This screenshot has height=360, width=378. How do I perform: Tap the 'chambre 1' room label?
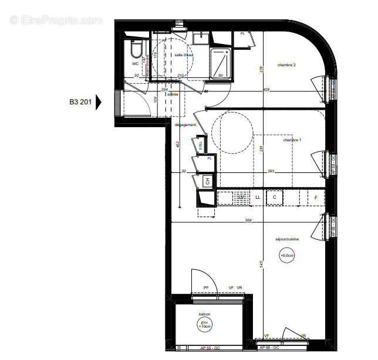[x=292, y=140]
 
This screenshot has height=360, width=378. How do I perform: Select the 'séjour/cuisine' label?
[x=287, y=239]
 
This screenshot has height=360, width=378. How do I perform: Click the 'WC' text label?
[x=135, y=63]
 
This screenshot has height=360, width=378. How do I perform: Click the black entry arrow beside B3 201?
[x=99, y=102]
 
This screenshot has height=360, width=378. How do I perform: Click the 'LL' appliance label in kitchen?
[x=258, y=198]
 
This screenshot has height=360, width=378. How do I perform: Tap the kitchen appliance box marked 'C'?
[x=274, y=198]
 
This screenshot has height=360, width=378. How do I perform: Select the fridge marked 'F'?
[x=316, y=198]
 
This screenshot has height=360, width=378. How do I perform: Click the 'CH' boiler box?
[x=206, y=182]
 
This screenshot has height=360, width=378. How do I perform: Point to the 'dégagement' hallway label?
[x=184, y=124]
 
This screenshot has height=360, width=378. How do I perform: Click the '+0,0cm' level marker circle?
[x=287, y=255]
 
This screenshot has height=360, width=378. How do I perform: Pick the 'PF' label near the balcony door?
[x=206, y=287]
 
